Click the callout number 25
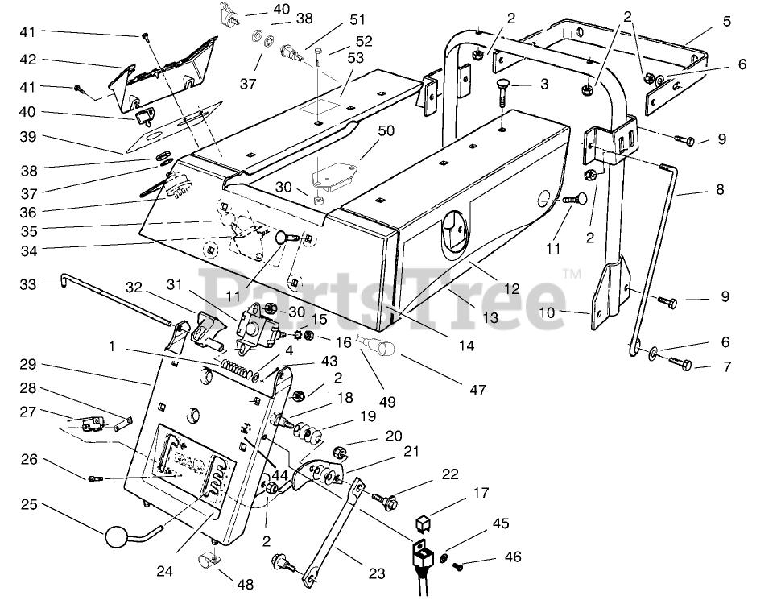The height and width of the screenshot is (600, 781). coord(29,504)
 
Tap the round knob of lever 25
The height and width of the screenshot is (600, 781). coord(115,538)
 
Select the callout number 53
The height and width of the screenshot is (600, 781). coord(356,58)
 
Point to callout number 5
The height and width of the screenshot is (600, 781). coord(727,22)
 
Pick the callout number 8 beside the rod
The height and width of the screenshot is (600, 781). coord(720,189)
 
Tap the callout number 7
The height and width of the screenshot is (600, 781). coord(727,366)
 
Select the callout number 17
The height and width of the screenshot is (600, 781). coord(481,493)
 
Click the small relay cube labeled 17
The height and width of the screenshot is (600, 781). coord(422,523)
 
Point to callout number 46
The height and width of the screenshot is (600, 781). coord(513,557)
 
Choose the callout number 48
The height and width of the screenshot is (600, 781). coord(246,584)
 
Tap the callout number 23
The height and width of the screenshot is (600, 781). coord(377,574)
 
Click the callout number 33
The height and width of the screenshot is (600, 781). coord(28,284)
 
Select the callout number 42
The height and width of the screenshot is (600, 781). coord(28,60)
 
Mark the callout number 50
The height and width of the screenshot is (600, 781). coord(386,131)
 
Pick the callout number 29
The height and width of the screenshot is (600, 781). coord(28,364)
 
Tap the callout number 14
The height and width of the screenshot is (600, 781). coord(466,346)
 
